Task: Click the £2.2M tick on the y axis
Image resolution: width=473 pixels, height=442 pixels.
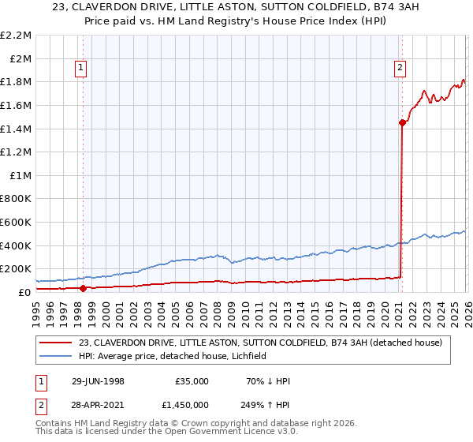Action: (x=16, y=36)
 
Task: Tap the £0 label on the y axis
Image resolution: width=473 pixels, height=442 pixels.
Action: (x=24, y=292)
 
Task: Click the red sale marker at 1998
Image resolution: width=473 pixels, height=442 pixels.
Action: (x=83, y=288)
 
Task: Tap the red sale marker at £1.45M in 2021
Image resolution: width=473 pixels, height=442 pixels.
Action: (x=402, y=122)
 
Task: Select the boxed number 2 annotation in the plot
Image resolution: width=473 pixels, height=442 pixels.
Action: (x=400, y=69)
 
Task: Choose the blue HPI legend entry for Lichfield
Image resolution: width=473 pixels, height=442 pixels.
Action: (x=173, y=356)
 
